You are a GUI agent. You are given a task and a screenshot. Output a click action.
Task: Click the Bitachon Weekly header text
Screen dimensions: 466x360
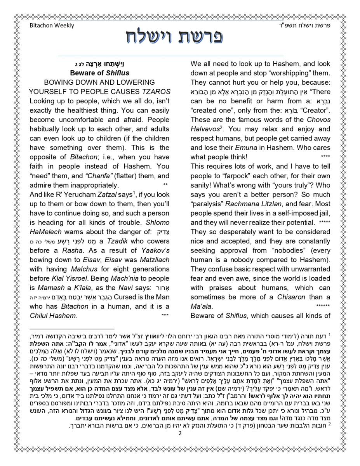pos(52,26)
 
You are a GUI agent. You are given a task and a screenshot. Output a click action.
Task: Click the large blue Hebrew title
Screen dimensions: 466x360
pos(174,38)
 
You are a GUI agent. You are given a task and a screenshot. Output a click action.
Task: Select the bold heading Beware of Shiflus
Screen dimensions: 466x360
pos(99,73)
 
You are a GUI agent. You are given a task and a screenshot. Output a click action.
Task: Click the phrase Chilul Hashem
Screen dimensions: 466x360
pos(52,316)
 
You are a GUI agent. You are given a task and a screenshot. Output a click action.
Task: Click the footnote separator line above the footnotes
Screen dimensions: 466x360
pos(72,329)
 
